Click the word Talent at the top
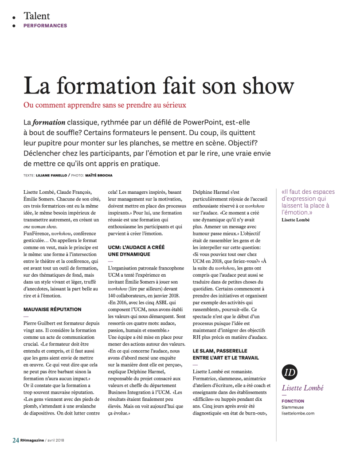click(37, 16)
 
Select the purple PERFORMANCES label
click(45, 26)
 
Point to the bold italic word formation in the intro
click(49, 122)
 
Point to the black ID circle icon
click(290, 372)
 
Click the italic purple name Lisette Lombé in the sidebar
click(303, 388)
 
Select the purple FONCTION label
click(293, 401)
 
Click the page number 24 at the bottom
click(16, 440)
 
